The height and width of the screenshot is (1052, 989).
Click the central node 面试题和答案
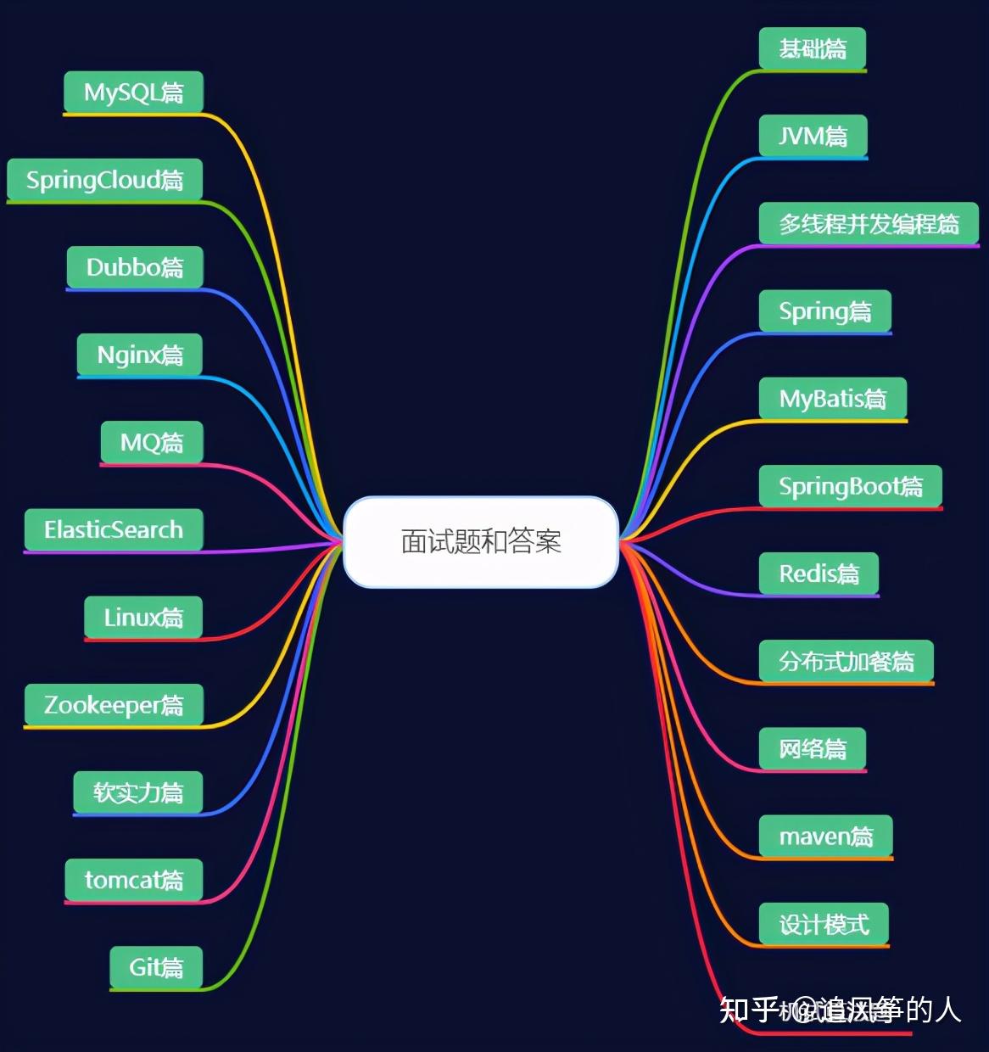(x=481, y=541)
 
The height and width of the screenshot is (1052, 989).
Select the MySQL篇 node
(x=133, y=92)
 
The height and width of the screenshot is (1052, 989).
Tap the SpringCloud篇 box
(x=104, y=180)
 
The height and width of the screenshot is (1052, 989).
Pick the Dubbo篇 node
(x=135, y=267)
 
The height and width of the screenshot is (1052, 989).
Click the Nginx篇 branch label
(x=140, y=355)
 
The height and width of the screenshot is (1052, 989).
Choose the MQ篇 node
(x=152, y=442)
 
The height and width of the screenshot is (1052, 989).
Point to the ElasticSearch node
(x=114, y=530)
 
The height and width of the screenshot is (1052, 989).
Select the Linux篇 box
(x=143, y=618)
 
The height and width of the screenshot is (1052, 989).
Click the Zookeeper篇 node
(x=114, y=705)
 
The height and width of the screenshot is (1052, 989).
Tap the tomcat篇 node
(x=134, y=880)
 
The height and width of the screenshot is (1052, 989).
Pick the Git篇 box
(x=156, y=967)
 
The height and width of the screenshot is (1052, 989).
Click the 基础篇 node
(x=812, y=48)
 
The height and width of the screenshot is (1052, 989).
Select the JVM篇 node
(x=813, y=136)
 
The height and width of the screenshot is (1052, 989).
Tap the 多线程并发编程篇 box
(x=869, y=224)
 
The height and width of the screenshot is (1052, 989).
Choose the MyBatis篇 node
(x=832, y=399)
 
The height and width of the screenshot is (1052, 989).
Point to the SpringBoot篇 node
(x=851, y=486)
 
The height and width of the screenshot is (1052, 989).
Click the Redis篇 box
(x=819, y=574)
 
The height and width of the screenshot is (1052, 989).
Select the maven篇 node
(x=825, y=837)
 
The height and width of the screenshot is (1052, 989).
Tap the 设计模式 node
(x=824, y=924)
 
